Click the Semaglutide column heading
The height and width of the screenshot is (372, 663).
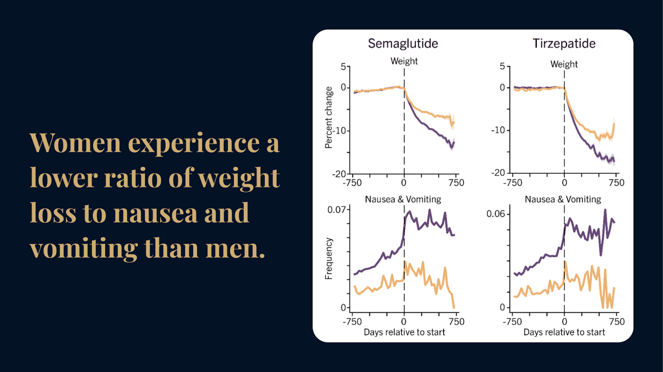[403, 43]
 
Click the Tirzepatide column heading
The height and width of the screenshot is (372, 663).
[564, 43]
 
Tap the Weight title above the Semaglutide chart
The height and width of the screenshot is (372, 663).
[404, 61]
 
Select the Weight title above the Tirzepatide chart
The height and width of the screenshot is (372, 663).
[564, 64]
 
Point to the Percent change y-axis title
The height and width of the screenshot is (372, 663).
[329, 118]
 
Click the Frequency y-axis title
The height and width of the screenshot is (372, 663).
[329, 259]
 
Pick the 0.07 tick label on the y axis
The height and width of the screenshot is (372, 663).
[336, 210]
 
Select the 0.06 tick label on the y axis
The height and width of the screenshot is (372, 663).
[496, 214]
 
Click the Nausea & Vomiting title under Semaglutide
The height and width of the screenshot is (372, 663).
[403, 199]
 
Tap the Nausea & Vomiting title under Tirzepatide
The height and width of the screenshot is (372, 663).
[563, 199]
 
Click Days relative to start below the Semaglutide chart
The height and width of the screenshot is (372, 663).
[404, 332]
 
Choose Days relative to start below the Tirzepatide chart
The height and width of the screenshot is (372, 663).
[564, 332]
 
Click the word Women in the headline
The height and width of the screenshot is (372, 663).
[75, 143]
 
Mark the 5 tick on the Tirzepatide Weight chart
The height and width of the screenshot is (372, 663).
[502, 66]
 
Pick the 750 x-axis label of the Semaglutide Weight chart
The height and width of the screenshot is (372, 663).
[456, 183]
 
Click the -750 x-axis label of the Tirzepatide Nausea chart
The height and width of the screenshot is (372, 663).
[512, 322]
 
